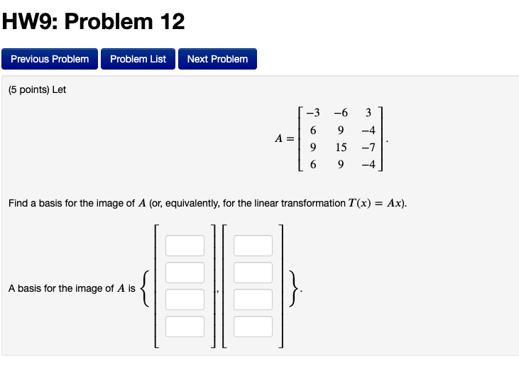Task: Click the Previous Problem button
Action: (x=50, y=59)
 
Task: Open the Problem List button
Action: (x=138, y=59)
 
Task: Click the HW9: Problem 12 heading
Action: (x=93, y=22)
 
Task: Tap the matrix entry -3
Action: (x=312, y=112)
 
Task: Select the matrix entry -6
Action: (x=341, y=112)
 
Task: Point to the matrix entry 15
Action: (x=341, y=147)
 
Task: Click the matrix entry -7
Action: (x=367, y=147)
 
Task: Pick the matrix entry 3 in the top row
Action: (x=368, y=112)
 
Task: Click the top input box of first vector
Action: (x=185, y=246)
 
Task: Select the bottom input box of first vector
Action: (x=185, y=327)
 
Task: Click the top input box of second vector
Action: (x=253, y=246)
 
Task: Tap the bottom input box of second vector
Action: (x=253, y=327)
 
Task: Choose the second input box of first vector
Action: (x=185, y=273)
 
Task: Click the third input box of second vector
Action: (x=253, y=300)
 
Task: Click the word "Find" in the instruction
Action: (x=18, y=204)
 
